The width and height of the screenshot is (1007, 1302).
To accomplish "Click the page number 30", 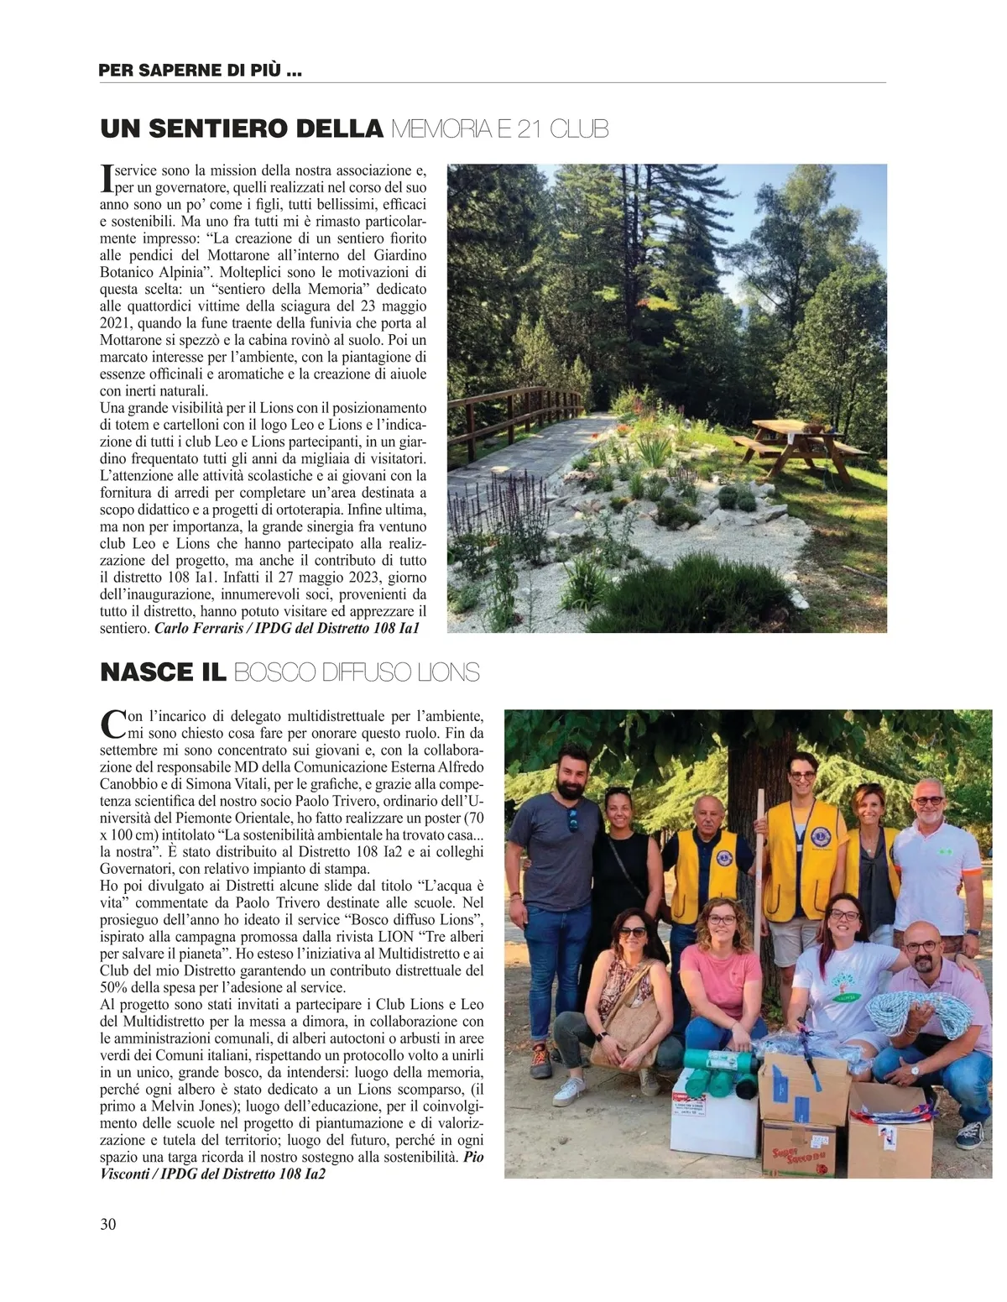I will point(108,1223).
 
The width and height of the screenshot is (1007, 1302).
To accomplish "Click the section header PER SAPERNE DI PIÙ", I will point(201,71).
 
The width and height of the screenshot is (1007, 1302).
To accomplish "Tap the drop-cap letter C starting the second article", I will point(112,722).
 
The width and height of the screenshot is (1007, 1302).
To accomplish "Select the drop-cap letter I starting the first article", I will point(106,175).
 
